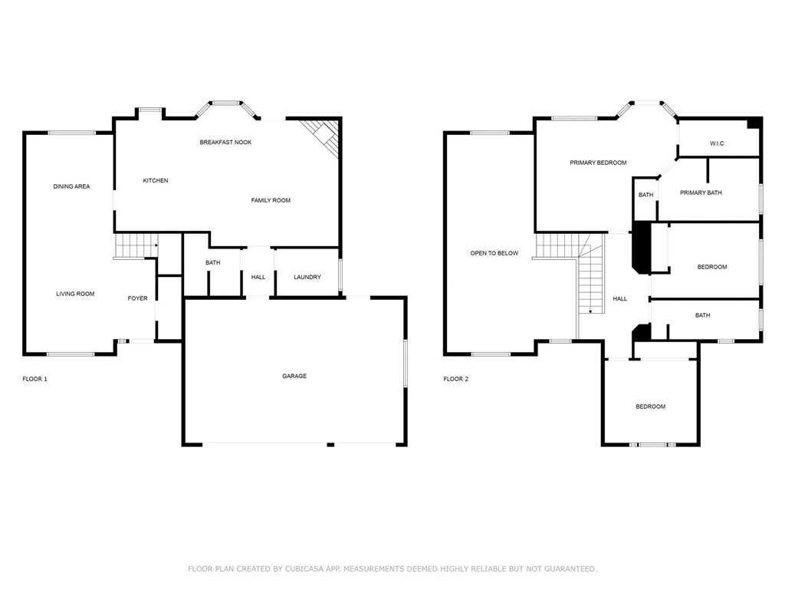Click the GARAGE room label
(294, 376)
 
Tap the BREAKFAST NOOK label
(226, 142)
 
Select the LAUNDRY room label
(307, 277)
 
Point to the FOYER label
(138, 298)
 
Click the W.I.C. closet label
(718, 143)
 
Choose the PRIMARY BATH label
(701, 192)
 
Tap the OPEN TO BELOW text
(494, 253)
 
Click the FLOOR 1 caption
(35, 379)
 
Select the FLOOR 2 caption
(456, 379)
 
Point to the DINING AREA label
(71, 186)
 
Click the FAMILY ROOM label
(271, 200)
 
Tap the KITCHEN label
(156, 180)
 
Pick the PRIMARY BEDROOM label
(598, 163)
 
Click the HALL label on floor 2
(619, 299)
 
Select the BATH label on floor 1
(213, 262)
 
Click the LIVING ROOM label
(75, 294)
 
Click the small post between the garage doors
(330, 444)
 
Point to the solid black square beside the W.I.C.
(754, 123)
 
